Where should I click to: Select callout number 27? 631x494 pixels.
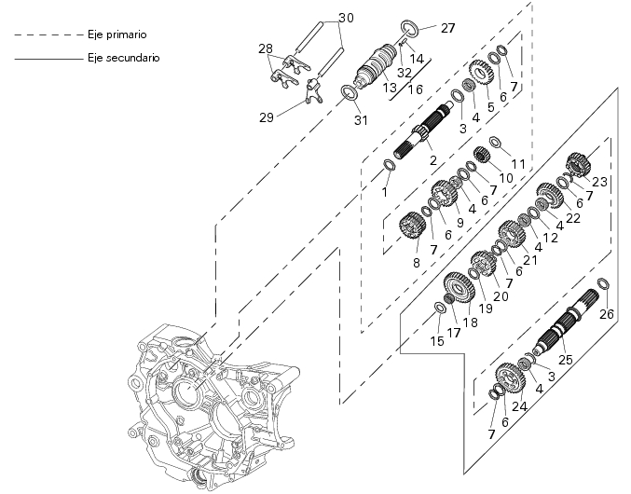coord(447,27)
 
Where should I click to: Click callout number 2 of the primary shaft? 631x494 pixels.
coord(432,160)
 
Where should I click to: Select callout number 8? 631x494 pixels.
coord(415,263)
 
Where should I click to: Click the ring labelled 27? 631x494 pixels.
coord(409,26)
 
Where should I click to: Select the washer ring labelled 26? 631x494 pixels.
coord(603,283)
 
